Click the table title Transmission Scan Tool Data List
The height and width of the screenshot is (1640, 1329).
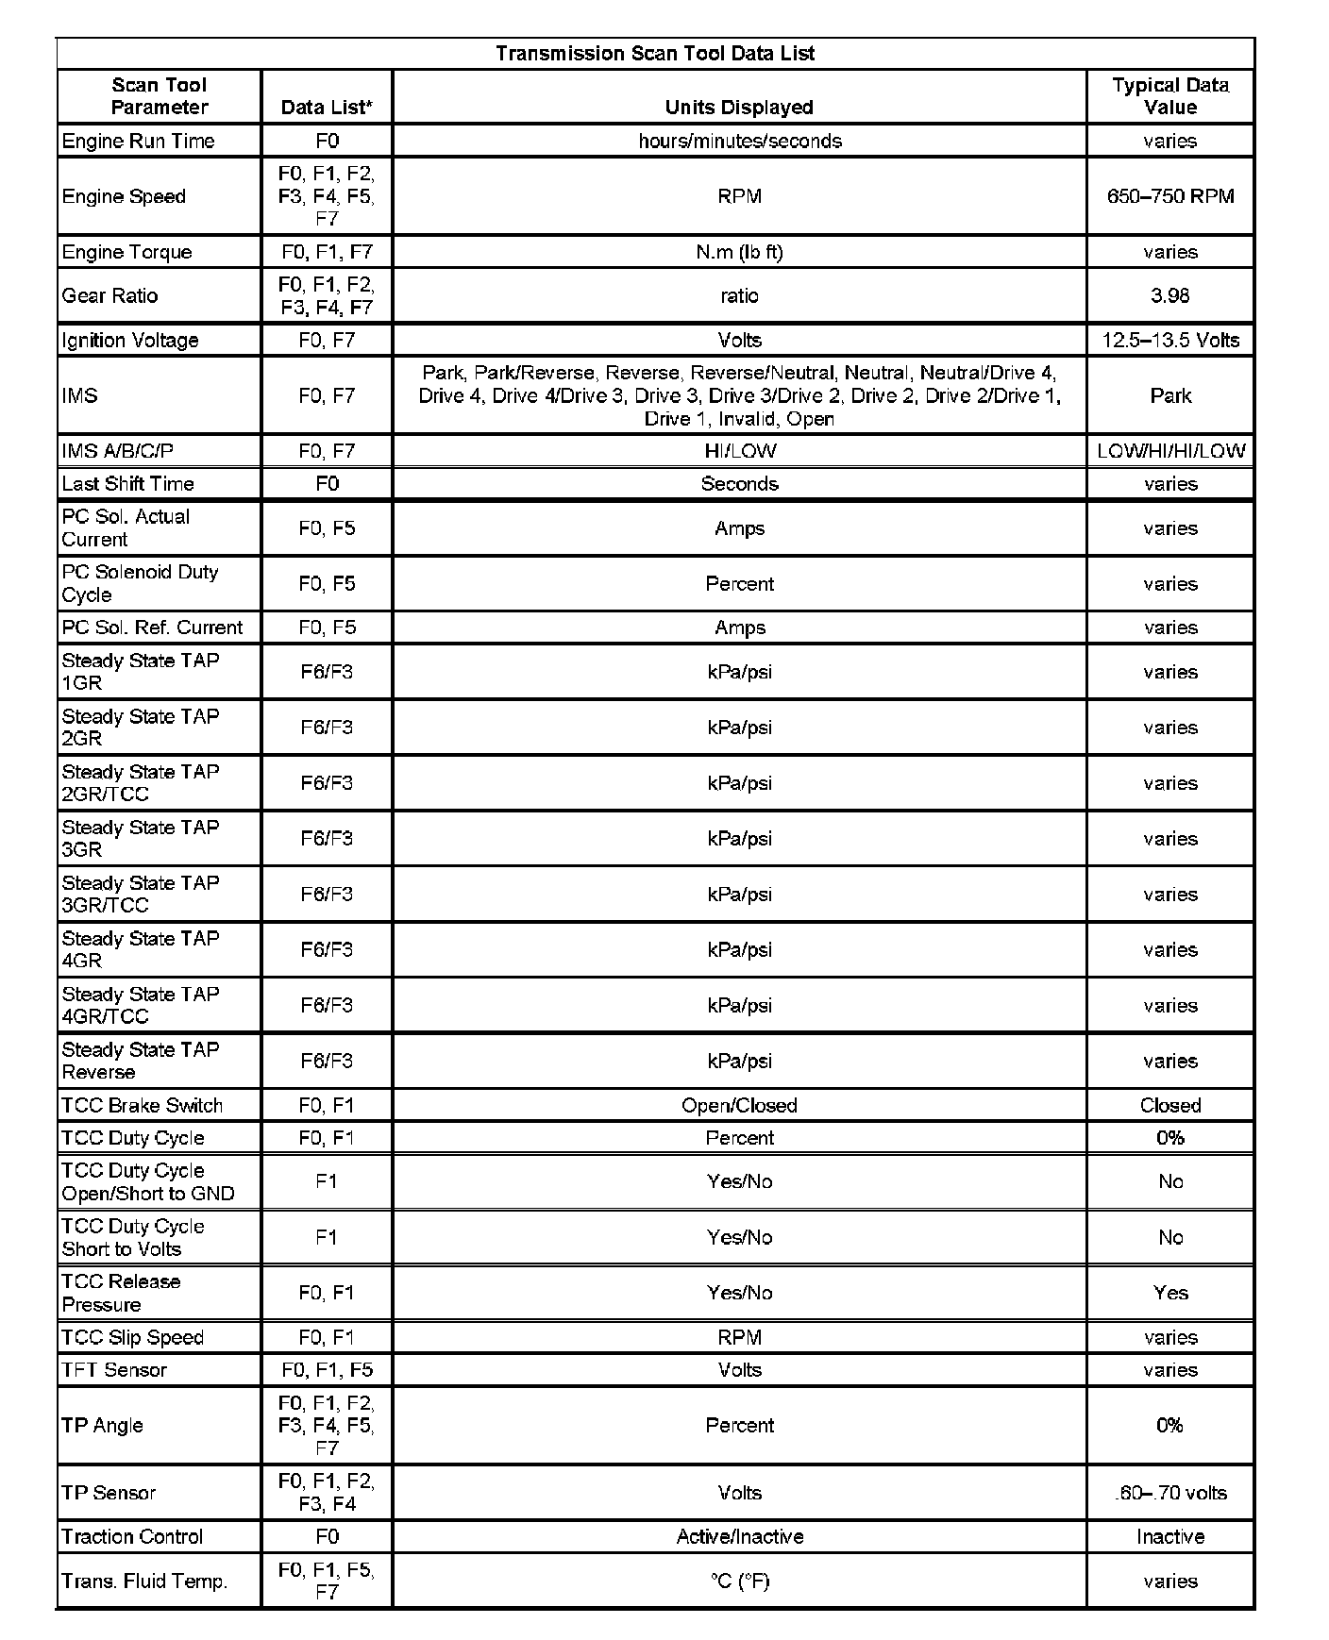655,54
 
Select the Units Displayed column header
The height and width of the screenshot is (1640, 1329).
739,108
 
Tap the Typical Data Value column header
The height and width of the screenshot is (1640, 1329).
1170,96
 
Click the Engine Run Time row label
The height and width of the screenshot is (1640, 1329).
138,142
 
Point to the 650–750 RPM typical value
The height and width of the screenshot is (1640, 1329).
1170,197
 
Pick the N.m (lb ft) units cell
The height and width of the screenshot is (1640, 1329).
739,253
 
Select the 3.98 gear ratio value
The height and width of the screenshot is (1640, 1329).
1170,296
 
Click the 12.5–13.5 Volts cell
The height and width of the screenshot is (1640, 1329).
1170,341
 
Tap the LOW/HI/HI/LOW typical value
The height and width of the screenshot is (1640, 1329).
1170,452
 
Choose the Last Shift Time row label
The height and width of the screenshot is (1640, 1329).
127,484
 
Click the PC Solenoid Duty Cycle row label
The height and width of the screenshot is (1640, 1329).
140,584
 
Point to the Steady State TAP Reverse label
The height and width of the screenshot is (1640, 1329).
140,1062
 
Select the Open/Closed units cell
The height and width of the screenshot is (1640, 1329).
739,1106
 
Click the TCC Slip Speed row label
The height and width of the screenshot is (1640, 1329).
132,1338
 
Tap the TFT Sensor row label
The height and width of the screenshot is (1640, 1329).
113,1370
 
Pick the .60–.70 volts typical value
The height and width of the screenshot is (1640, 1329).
1170,1494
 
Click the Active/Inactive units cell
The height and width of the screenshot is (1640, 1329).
739,1537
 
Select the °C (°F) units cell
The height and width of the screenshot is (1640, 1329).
739,1581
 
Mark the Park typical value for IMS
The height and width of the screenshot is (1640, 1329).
1170,396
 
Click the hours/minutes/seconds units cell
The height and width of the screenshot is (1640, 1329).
739,142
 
